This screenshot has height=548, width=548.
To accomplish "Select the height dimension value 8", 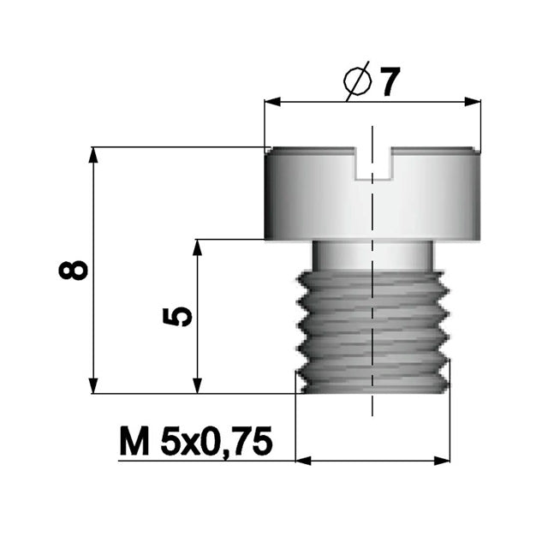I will (75, 269).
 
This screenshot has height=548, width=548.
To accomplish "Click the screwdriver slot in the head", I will (372, 164).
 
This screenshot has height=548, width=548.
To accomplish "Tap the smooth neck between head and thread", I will (372, 254).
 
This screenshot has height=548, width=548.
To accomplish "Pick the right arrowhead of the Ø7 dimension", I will (474, 103).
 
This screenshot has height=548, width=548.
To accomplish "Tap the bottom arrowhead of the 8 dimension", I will (93, 386).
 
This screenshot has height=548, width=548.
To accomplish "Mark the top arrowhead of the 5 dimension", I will (198, 247).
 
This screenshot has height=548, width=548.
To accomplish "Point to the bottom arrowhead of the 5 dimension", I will (198, 386).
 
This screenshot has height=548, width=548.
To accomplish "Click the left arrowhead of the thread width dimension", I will (302, 461).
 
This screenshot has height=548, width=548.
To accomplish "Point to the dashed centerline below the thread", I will (372, 406).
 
